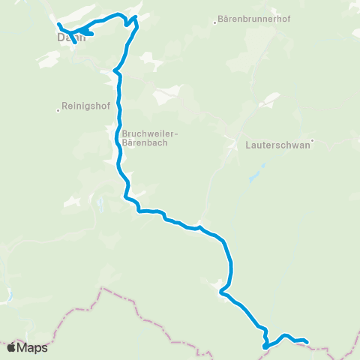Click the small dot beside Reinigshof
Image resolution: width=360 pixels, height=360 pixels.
[x=58, y=110]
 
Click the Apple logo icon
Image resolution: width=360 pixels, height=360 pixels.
[x=12, y=347]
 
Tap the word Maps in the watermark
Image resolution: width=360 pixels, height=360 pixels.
[x=33, y=348]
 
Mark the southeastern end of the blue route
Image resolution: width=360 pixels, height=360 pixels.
[x=307, y=342]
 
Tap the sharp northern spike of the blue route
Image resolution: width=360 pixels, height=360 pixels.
[x=136, y=16]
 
